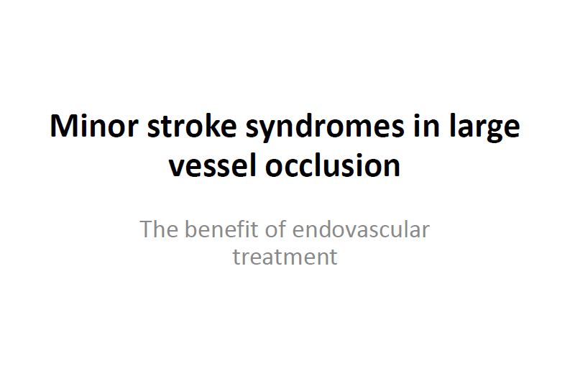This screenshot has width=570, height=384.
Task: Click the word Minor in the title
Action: click(93, 126)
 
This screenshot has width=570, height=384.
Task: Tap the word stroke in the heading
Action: click(192, 125)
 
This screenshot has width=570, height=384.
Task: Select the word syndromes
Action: click(325, 128)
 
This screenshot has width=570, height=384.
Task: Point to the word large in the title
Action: click(485, 128)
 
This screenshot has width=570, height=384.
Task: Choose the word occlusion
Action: click(333, 165)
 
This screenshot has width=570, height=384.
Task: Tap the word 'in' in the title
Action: click(427, 125)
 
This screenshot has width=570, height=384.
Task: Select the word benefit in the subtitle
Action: click(222, 229)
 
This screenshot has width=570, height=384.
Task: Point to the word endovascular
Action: click(361, 229)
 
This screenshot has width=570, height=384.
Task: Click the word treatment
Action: click(285, 257)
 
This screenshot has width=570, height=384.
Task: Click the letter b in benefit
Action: click(191, 229)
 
